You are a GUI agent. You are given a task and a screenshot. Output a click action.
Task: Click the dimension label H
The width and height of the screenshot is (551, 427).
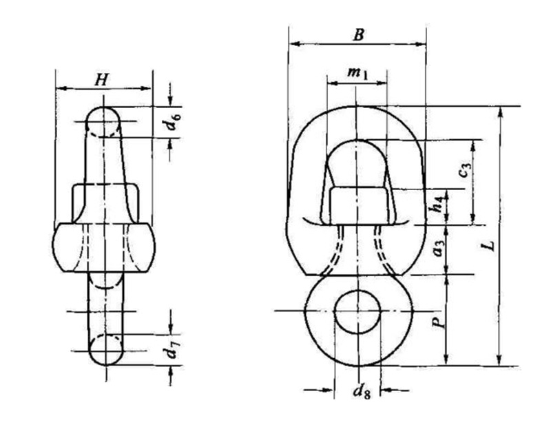(x=101, y=80)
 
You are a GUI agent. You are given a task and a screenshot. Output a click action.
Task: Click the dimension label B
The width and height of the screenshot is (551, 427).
(x=358, y=34)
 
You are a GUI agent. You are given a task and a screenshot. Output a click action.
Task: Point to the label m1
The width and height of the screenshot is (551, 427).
(x=356, y=72)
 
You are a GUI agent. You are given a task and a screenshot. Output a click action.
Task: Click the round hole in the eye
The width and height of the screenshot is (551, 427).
(x=357, y=311)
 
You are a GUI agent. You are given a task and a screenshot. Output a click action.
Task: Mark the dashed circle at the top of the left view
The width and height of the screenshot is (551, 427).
(x=103, y=122)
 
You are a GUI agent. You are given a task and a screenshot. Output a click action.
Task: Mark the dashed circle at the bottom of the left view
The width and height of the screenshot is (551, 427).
(x=105, y=349)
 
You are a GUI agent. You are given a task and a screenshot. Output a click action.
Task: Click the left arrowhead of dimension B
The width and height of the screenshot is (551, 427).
(x=293, y=44)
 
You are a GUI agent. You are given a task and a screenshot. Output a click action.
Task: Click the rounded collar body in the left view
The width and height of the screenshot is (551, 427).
(x=103, y=247)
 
